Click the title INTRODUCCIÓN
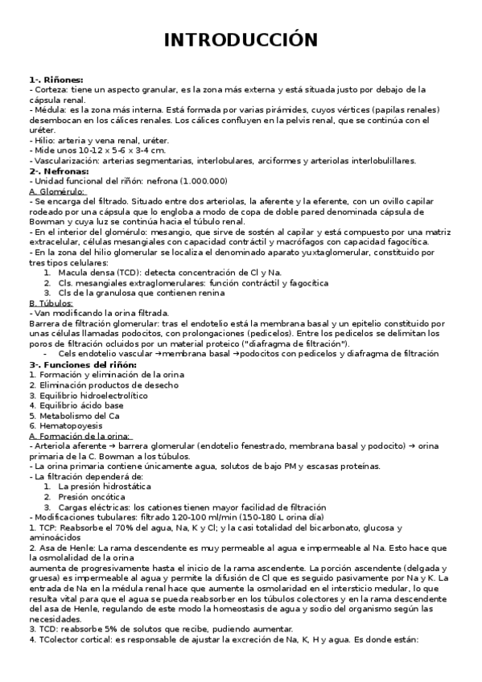pos(241,39)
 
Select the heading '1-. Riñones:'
pos(56,81)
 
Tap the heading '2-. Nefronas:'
pos(59,170)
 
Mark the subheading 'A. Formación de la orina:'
pos(79,435)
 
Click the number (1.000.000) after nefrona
pos(204,181)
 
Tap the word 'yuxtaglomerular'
pos(360,252)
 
